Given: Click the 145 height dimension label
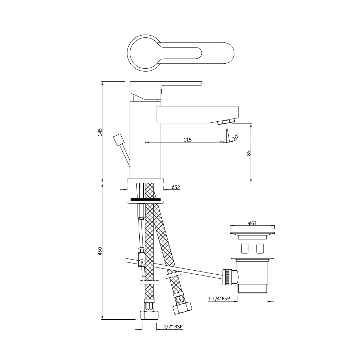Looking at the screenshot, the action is click(x=100, y=132).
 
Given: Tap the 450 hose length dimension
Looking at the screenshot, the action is click(x=100, y=251).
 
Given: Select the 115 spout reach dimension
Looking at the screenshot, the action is click(x=187, y=140).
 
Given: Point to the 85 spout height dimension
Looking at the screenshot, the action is click(x=249, y=153).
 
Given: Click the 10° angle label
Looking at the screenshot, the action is click(x=235, y=137).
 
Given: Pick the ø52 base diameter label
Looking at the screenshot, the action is click(x=176, y=187).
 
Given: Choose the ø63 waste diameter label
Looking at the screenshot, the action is click(x=252, y=223).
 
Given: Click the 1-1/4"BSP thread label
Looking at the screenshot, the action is click(x=219, y=298).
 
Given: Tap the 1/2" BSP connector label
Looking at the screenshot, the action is click(x=174, y=327).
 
